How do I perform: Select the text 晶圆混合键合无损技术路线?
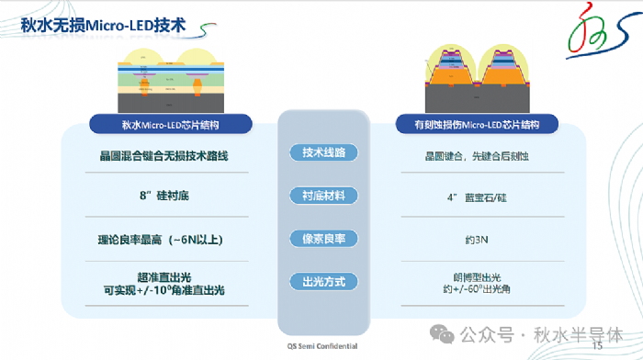164,156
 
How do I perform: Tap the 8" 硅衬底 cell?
164,196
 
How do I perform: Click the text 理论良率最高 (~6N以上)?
164,240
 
